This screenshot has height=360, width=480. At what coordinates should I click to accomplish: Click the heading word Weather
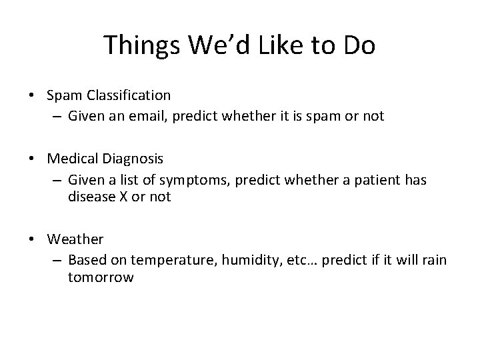click(x=75, y=238)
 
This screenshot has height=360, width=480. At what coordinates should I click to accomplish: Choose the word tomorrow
click(x=100, y=277)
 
